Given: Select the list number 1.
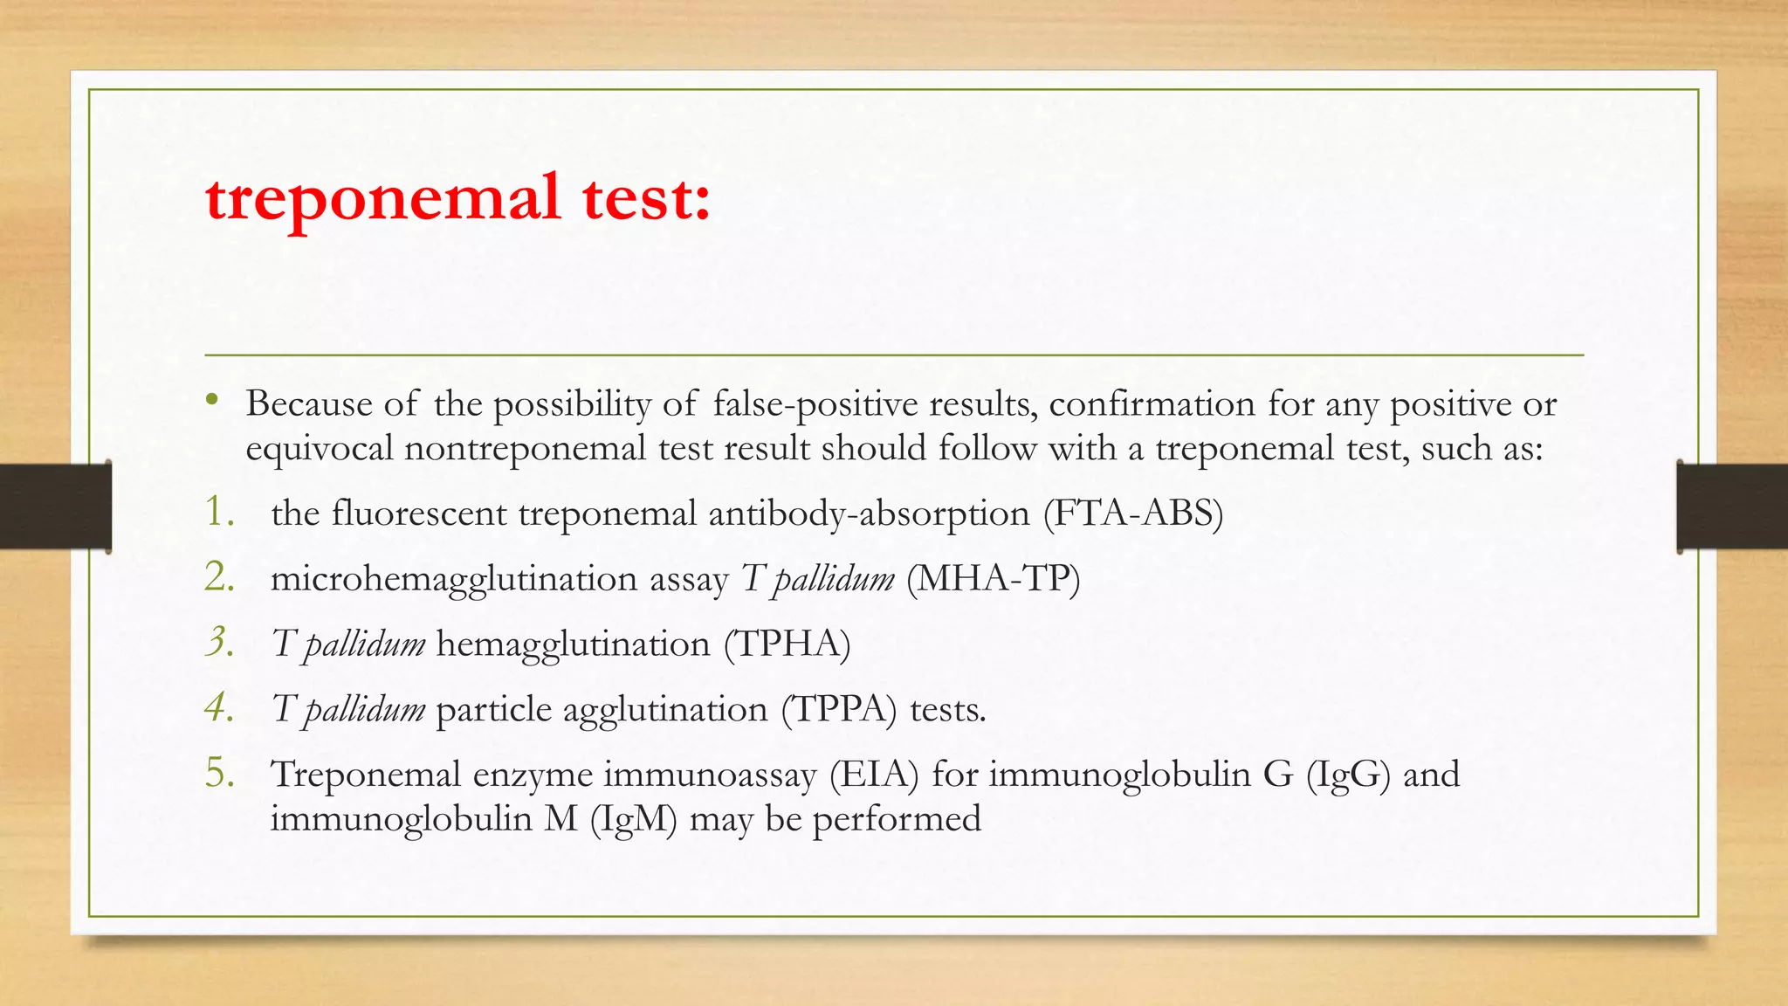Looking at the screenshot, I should point(218,513).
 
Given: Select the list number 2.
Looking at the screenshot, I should point(219,578).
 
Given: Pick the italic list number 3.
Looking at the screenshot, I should point(219,643).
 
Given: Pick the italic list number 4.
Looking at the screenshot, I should point(219,708).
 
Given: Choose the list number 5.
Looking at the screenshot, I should point(219,774).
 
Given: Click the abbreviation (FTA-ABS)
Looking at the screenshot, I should point(1133,513).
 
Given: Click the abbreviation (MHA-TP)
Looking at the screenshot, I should point(993,579).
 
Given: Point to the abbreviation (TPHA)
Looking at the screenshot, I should point(787,644).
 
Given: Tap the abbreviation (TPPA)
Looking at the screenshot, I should point(838,709).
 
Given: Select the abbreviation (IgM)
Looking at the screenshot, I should point(634,819).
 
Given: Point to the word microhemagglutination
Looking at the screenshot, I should point(453,579).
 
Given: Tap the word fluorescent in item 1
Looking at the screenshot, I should point(418,513).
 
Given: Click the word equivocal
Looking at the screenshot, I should point(319,449).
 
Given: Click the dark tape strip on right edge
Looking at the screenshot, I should point(1732,506).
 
